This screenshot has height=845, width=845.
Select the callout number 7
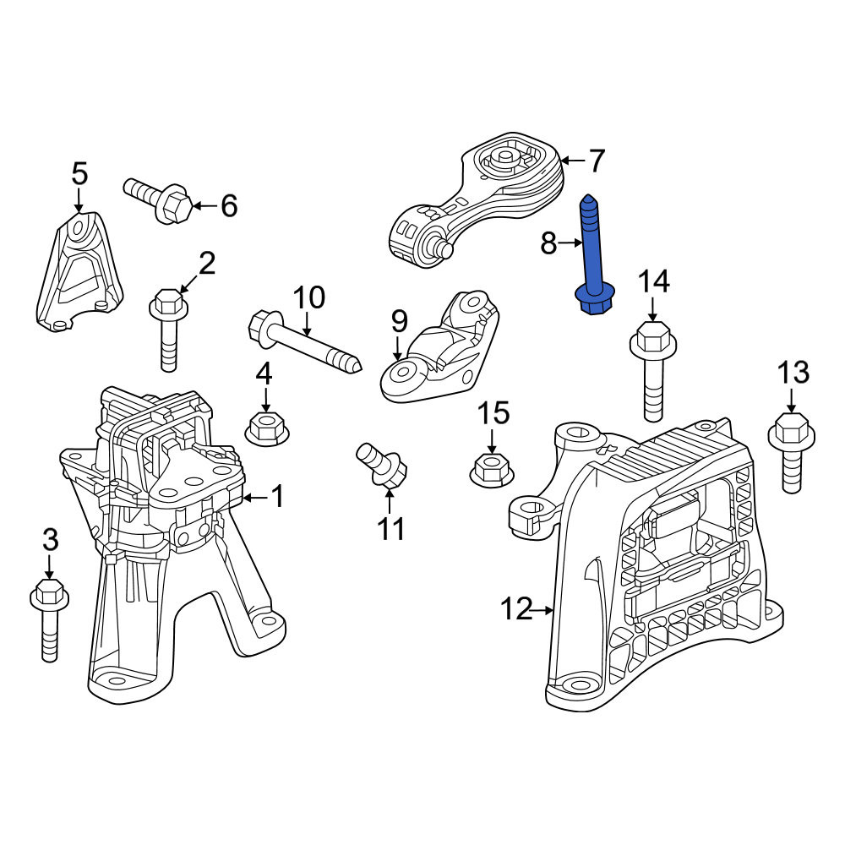596,161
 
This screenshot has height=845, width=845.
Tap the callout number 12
516,609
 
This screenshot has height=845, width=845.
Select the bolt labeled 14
653,371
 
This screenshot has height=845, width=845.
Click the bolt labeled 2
169,330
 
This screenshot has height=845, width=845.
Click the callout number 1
277,496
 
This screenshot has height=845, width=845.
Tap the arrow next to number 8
570,243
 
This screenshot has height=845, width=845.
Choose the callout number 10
309,297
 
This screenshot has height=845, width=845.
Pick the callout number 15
494,413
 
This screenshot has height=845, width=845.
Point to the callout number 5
79,174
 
